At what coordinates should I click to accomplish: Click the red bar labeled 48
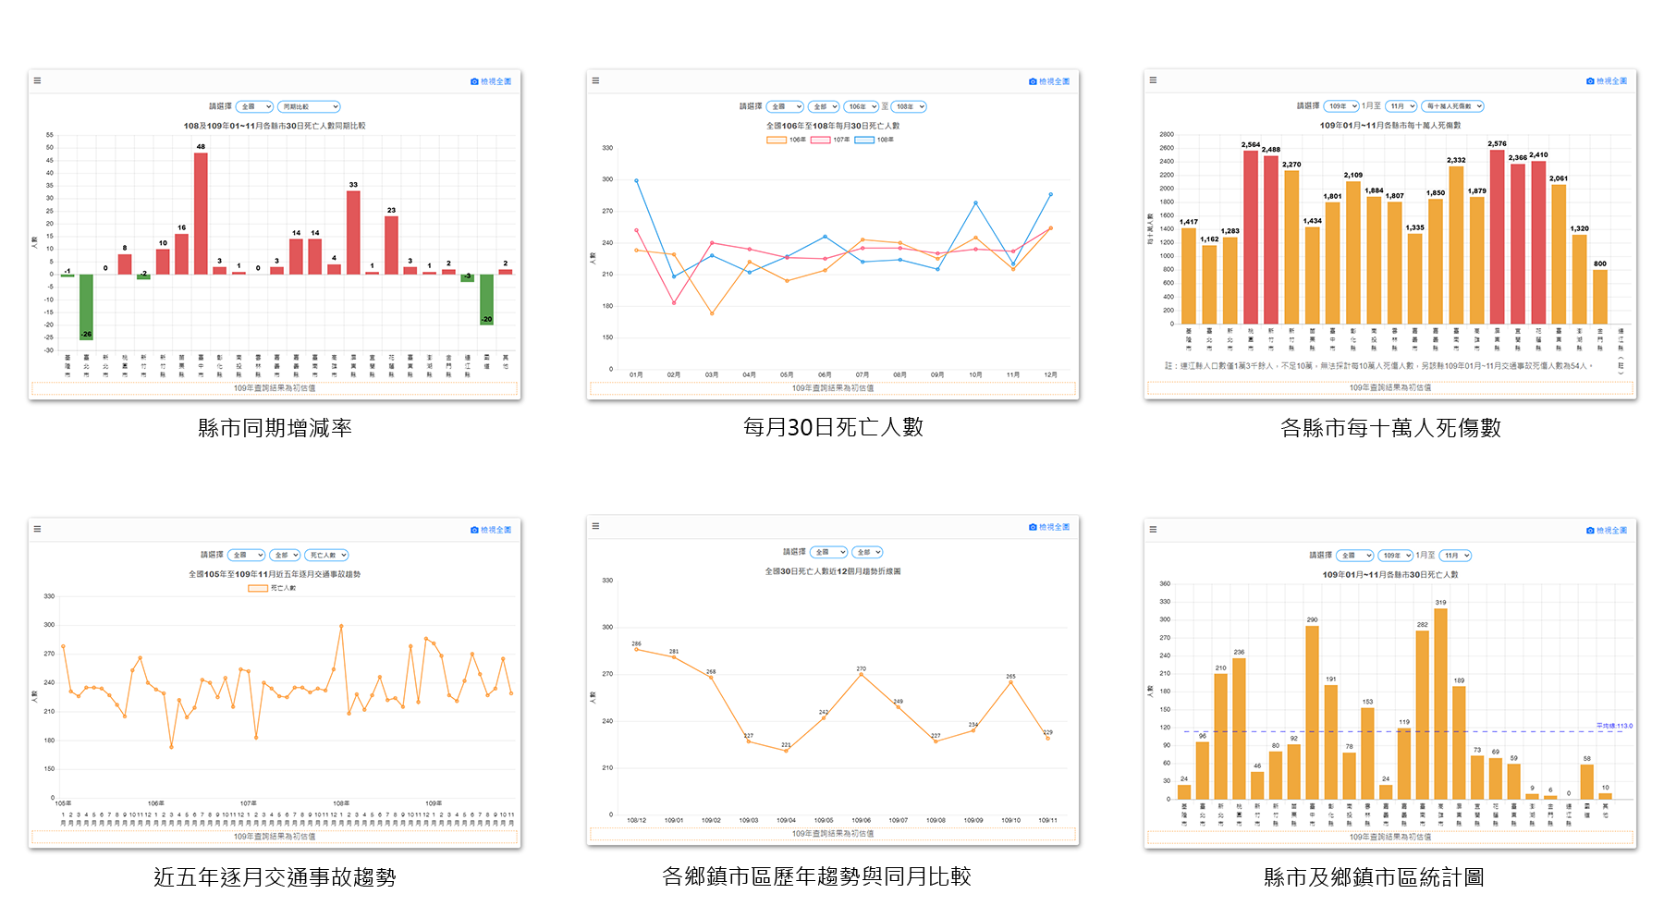(x=201, y=214)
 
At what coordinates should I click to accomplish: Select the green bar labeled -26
(x=86, y=307)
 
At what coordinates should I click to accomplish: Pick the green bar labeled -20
(x=486, y=299)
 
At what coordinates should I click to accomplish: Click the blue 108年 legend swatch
(x=864, y=140)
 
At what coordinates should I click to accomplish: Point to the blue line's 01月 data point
(x=636, y=180)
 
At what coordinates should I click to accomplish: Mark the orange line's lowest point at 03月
(x=712, y=313)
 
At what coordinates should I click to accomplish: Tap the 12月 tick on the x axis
(x=1050, y=374)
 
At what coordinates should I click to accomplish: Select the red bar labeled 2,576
(x=1497, y=236)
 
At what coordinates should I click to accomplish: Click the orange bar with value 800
(x=1600, y=296)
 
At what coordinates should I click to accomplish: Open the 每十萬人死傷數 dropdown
(x=1452, y=106)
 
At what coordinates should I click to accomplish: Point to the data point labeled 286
(x=636, y=649)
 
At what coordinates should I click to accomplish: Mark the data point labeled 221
(x=786, y=751)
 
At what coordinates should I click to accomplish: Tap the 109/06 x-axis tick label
(x=861, y=820)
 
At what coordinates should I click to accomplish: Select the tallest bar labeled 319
(x=1440, y=703)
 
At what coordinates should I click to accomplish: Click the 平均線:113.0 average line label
(x=1614, y=726)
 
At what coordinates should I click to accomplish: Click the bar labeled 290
(x=1312, y=712)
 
